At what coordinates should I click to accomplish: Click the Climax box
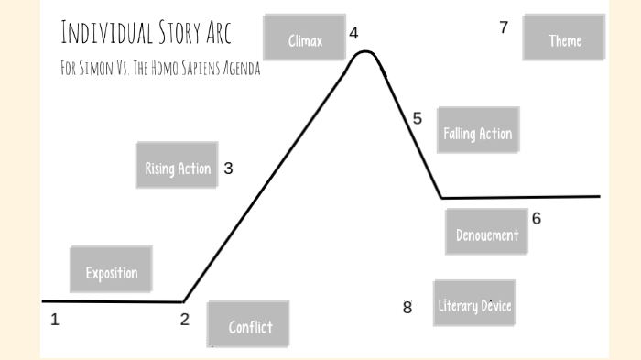[x=304, y=38]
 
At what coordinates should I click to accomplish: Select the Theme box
[x=564, y=37]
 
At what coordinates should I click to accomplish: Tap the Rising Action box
[x=177, y=166]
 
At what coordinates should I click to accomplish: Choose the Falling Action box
[x=477, y=131]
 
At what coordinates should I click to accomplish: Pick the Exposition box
[x=111, y=270]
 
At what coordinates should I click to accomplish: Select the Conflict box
[x=248, y=325]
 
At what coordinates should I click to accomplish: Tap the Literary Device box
[x=473, y=303]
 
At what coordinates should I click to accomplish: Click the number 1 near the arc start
[x=55, y=320]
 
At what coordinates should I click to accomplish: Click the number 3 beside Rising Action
[x=228, y=169]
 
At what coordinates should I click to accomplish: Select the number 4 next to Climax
[x=353, y=34]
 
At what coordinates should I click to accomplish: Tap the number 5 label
[x=418, y=119]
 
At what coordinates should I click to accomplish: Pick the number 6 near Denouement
[x=536, y=219]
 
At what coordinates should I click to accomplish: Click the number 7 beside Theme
[x=504, y=27]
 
